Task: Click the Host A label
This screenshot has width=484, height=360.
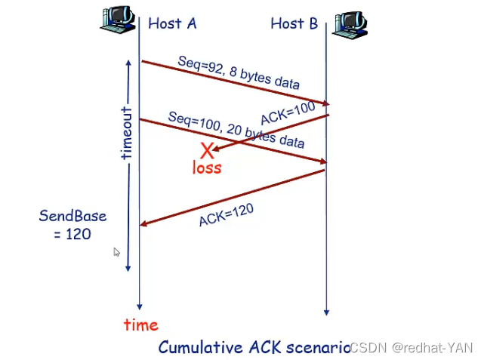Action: pyautogui.click(x=172, y=23)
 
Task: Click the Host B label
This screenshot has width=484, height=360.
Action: pyautogui.click(x=294, y=23)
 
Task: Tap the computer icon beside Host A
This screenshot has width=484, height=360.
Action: pyautogui.click(x=118, y=18)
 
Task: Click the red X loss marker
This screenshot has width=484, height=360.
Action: pyautogui.click(x=207, y=151)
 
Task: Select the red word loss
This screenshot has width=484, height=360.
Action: pyautogui.click(x=207, y=168)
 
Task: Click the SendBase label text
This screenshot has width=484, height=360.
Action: pyautogui.click(x=72, y=217)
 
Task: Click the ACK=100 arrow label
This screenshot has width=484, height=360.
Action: pyautogui.click(x=287, y=113)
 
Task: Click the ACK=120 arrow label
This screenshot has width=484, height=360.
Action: pyautogui.click(x=225, y=214)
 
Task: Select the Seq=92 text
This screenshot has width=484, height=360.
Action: pyautogui.click(x=198, y=63)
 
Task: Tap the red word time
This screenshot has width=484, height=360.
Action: pyautogui.click(x=141, y=325)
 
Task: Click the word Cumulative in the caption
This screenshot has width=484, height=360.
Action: pyautogui.click(x=201, y=347)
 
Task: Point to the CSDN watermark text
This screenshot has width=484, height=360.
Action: pyautogui.click(x=412, y=348)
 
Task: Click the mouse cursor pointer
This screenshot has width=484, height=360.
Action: pyautogui.click(x=116, y=252)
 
